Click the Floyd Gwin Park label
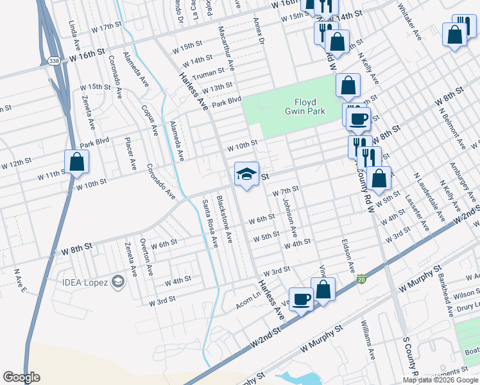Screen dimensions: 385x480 [x=309, y=107]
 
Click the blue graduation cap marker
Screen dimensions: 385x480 [x=246, y=174]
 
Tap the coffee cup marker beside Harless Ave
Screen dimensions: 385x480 [x=301, y=299]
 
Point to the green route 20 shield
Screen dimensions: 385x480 [x=362, y=280]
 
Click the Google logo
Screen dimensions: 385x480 [x=21, y=377]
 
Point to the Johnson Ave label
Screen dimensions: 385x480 [x=289, y=219]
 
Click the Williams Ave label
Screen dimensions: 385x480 [x=367, y=340]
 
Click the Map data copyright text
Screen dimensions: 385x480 [x=441, y=380]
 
